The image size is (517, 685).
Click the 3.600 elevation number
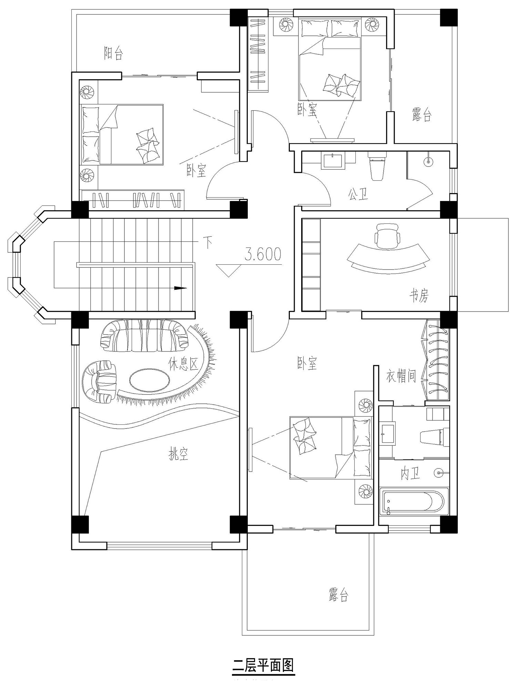(x=263, y=254)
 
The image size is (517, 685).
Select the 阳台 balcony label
(x=113, y=53)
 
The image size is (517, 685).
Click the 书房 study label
(x=419, y=295)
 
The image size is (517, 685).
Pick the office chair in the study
(x=387, y=235)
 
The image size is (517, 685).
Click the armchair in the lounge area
(x=100, y=382)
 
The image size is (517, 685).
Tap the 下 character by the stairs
(x=207, y=242)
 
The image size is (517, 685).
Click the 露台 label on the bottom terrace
(x=338, y=594)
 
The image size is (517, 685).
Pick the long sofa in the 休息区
(x=145, y=336)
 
